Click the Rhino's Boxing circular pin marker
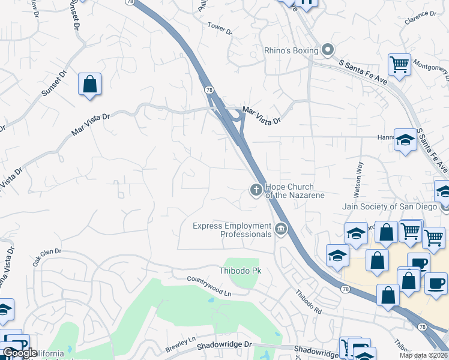click(328, 50)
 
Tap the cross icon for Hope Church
click(256, 191)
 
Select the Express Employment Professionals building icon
click(280, 229)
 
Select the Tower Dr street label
click(220, 28)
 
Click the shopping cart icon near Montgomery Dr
click(399, 64)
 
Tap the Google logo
click(20, 353)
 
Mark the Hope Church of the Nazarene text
click(294, 191)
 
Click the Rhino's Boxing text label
click(291, 51)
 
